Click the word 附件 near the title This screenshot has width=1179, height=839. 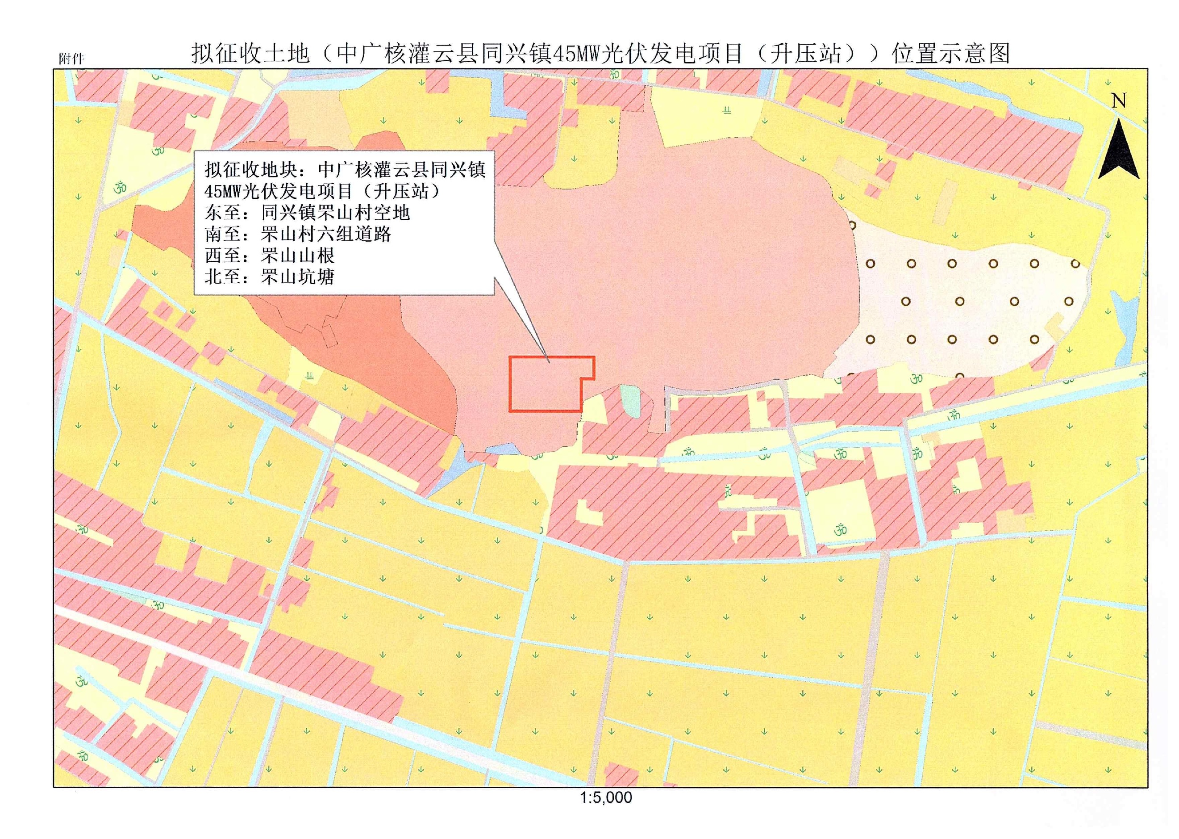tap(71, 59)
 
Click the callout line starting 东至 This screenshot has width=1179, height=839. tap(307, 213)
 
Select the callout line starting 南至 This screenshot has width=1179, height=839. tap(298, 235)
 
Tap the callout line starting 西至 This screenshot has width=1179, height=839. tap(270, 256)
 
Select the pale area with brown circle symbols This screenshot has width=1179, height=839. tap(960, 305)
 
